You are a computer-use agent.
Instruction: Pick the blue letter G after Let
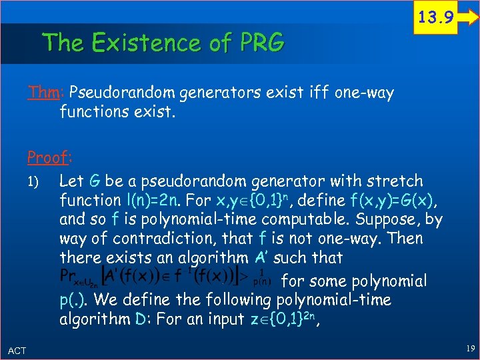click(95, 181)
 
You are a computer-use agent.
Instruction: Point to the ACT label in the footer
click(17, 350)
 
